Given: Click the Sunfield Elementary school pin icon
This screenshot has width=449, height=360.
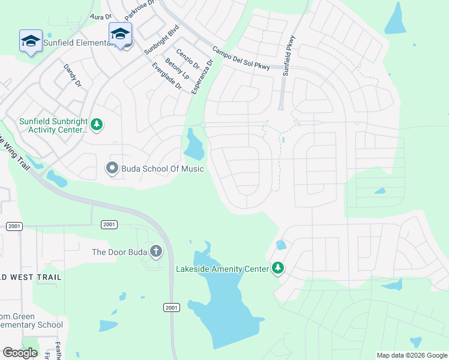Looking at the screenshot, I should (31, 41).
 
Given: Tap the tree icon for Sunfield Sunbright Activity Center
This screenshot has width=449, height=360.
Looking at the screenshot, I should (97, 125).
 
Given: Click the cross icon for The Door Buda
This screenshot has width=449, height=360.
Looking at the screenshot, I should (156, 251).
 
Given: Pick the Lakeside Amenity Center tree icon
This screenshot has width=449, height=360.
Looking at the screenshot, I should (277, 268).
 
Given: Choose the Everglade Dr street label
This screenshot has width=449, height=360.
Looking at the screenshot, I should (167, 76).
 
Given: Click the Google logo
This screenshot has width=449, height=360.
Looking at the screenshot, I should (20, 353).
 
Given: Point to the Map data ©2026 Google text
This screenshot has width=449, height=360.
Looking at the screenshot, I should (411, 355).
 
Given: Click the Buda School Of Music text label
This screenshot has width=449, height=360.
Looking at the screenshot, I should (163, 169).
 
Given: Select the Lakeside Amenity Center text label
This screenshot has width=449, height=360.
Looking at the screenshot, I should (222, 269).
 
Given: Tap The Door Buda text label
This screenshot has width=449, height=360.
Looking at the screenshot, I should (119, 251).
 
